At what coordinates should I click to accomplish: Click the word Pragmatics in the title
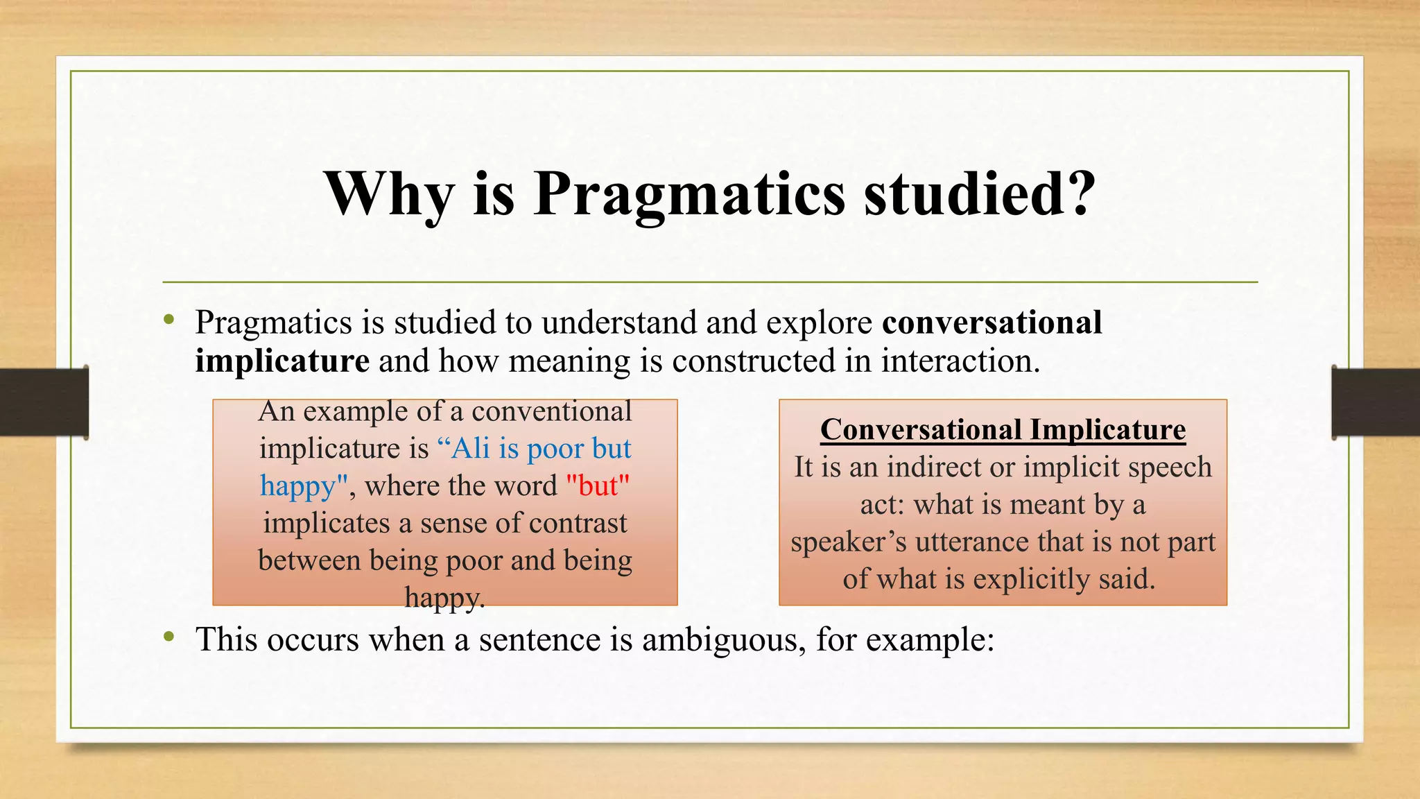pos(689,196)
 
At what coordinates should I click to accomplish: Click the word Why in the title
pos(389,196)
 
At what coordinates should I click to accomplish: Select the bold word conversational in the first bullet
pos(992,323)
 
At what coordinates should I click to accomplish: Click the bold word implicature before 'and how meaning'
pos(282,361)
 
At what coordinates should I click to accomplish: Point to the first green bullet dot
pos(168,320)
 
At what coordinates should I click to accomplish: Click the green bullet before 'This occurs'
pos(168,636)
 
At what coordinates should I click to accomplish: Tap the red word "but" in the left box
pos(598,486)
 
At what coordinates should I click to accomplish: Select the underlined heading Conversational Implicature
pos(1003,429)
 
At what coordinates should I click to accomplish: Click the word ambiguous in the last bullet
pos(724,639)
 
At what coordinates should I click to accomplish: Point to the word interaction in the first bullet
pos(960,361)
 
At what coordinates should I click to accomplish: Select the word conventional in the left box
pos(552,411)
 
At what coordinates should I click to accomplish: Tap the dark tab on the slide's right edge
pos(1376,402)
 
